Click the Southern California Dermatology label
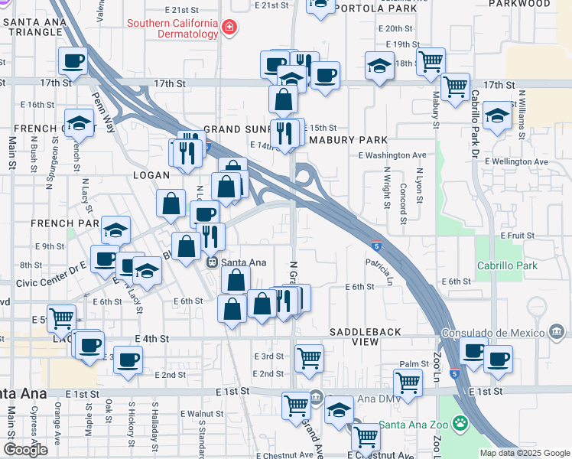coord(172,29)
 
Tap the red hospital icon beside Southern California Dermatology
coord(228,29)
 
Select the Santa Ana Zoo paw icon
coord(460,422)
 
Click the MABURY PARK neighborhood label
coord(348,140)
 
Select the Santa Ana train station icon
coord(213,262)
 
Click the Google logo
coord(25,449)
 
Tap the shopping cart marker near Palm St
coord(408,382)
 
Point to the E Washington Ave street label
coord(392,155)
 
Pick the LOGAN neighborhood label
coord(151,175)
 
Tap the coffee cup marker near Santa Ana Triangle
coord(73,61)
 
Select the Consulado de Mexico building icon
coord(556,332)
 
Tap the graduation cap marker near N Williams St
coord(498,117)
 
